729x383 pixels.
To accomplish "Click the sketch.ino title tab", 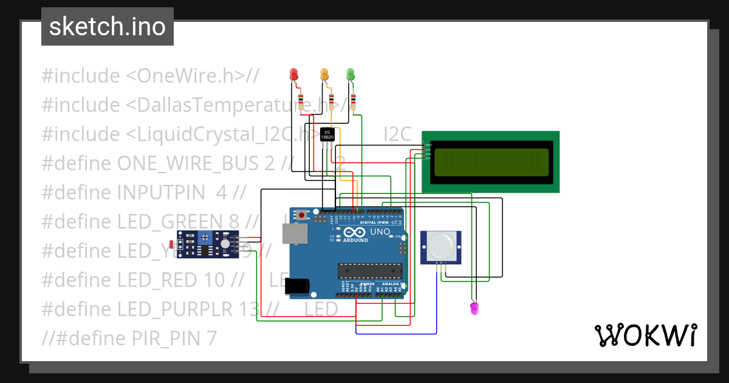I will click(108, 27).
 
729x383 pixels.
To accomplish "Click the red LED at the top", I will click(294, 74).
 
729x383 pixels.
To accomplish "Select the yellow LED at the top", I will click(324, 74).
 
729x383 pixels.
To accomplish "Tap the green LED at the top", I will click(350, 74).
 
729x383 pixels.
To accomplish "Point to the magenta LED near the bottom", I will click(474, 308).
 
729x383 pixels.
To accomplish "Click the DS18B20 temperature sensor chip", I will click(327, 135).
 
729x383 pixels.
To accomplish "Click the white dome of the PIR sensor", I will click(439, 245).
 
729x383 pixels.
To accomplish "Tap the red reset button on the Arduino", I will click(302, 215).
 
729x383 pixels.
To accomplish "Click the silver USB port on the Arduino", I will click(295, 233).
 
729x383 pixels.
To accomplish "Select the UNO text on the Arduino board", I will click(380, 232).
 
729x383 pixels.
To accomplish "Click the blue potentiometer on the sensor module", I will click(207, 238).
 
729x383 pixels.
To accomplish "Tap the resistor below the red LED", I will click(301, 101).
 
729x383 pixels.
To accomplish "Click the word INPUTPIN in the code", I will click(161, 193).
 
